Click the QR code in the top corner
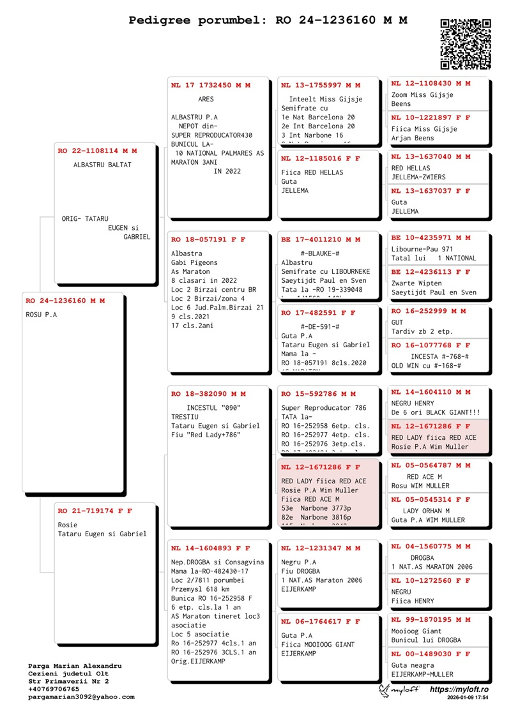pyautogui.click(x=466, y=44)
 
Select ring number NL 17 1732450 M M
pyautogui.click(x=211, y=85)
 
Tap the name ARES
pyautogui.click(x=206, y=100)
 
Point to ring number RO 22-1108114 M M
pyautogui.click(x=97, y=151)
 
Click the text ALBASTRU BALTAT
pyautogui.click(x=102, y=165)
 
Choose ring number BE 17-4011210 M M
pyautogui.click(x=321, y=239)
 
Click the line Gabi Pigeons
pyautogui.click(x=194, y=262)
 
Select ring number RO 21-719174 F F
pyautogui.click(x=95, y=511)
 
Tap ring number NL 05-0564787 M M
pyautogui.click(x=431, y=465)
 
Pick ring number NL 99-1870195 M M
pyautogui.click(x=431, y=619)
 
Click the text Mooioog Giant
pyautogui.click(x=416, y=631)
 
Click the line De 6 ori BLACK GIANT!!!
pyautogui.click(x=436, y=412)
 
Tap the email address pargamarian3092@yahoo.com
pyautogui.click(x=81, y=697)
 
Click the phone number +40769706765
pyautogui.click(x=54, y=689)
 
